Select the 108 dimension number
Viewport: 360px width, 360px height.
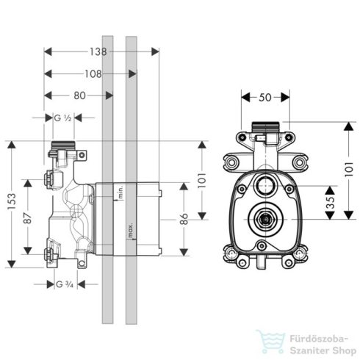91,73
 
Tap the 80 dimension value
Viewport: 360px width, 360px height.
80,95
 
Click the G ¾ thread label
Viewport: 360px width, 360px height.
64,284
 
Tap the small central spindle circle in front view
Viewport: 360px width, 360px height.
267,218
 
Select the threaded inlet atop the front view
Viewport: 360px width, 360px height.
267,129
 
